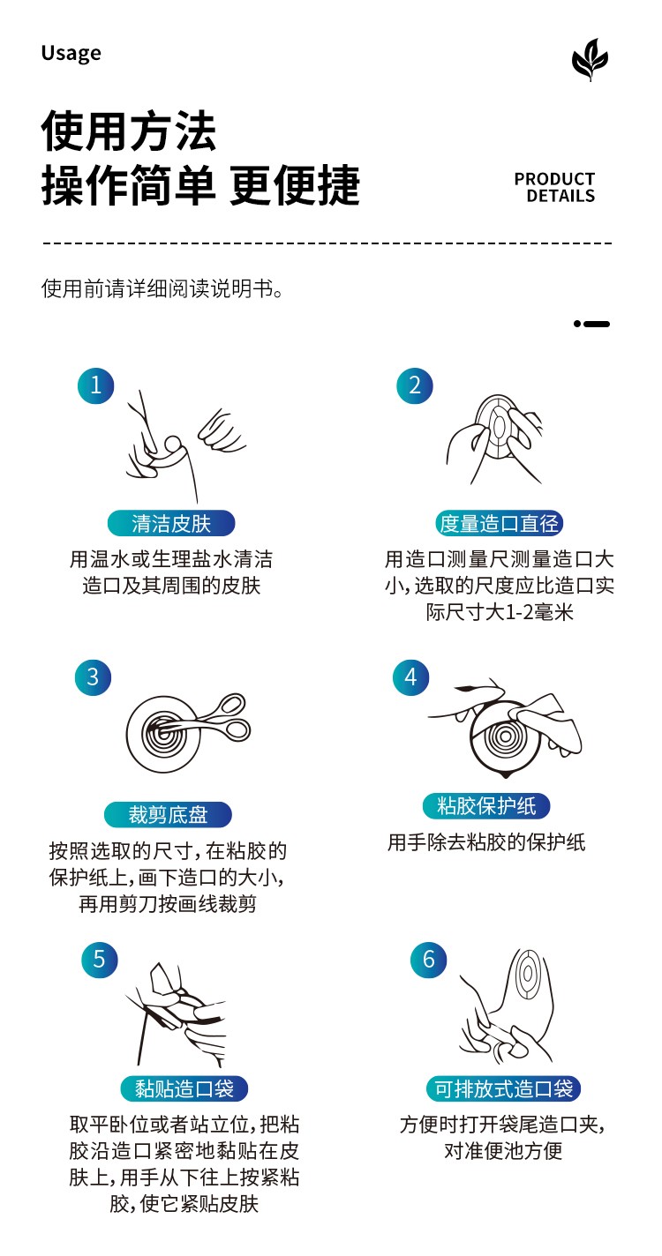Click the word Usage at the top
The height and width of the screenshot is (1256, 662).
(71, 53)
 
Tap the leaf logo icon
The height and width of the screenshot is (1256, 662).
(590, 59)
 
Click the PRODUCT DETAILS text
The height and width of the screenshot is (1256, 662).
(554, 187)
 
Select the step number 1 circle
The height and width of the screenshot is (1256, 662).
(96, 385)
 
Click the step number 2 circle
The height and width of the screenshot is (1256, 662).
(415, 385)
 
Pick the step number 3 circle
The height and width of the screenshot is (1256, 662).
(94, 677)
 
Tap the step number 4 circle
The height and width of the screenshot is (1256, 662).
(410, 677)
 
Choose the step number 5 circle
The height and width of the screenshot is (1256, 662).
(99, 960)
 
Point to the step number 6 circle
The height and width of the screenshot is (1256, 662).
(429, 960)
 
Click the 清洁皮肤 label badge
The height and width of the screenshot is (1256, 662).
(171, 524)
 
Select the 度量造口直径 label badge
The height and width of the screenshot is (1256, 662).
(500, 524)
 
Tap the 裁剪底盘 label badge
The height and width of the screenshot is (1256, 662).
(168, 815)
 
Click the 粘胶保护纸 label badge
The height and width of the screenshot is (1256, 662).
(486, 806)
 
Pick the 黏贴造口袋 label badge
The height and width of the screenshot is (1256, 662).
(184, 1089)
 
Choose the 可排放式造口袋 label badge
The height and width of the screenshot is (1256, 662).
(504, 1089)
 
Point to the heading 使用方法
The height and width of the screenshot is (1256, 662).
(129, 131)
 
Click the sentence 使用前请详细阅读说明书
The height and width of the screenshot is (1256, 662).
(162, 288)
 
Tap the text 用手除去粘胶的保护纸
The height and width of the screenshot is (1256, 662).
(486, 842)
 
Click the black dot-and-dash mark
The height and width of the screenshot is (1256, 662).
(591, 324)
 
